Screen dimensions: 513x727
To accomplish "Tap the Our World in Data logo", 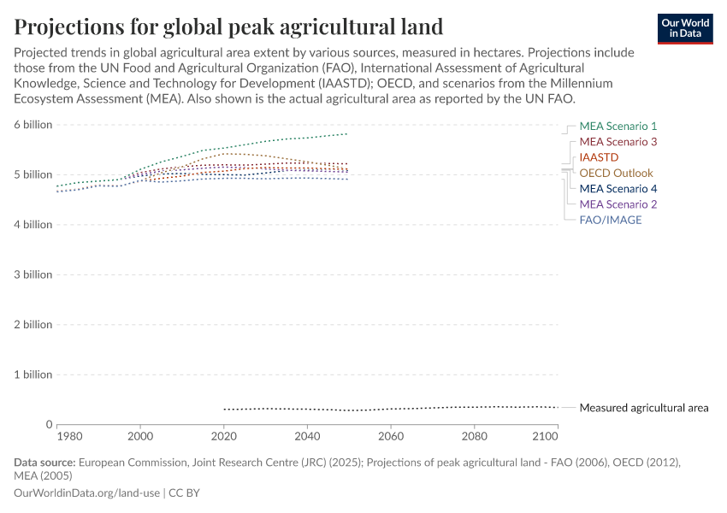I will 684,27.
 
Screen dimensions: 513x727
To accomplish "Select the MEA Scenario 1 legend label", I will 618,126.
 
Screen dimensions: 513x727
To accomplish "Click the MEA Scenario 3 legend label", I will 618,142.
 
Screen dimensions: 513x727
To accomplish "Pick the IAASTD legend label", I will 599,157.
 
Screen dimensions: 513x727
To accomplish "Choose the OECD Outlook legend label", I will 616,173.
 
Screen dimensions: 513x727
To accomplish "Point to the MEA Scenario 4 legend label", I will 618,189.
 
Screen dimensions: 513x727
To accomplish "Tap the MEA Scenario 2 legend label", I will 618,204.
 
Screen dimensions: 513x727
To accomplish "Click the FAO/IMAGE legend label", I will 610,220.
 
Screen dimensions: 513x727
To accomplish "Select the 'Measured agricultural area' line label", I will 643,408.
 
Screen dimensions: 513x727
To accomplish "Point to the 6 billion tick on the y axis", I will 33,125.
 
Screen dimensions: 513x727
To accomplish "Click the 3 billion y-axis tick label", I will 33,274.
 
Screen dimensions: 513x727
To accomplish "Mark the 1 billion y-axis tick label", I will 33,374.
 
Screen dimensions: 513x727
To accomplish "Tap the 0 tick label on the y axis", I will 49,424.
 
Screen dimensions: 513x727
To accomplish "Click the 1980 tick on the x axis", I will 69,436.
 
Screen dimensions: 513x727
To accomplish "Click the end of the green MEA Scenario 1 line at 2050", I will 347,133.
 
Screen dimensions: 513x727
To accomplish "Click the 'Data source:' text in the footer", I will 44,463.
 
